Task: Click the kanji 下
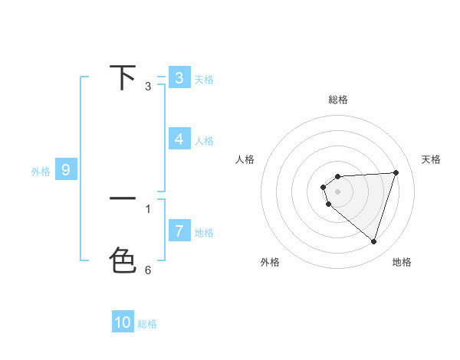[x=123, y=77]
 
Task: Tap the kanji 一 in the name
[x=123, y=199]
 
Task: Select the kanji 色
[x=123, y=260]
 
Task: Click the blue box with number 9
[x=66, y=170]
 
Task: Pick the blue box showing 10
[x=123, y=322]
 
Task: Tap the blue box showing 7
[x=179, y=231]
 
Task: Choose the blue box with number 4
[x=179, y=139]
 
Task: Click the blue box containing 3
[x=179, y=77]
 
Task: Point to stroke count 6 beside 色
[x=148, y=270]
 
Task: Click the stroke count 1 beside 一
[x=148, y=208]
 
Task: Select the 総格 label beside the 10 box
[x=147, y=324]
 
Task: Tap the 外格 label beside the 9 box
[x=41, y=172]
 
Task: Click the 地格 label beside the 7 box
[x=204, y=232]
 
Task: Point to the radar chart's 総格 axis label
[x=338, y=100]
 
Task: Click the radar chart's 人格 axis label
[x=245, y=159]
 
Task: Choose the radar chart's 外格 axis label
[x=270, y=262]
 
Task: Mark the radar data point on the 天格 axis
[x=396, y=172]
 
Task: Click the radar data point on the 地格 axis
[x=373, y=241]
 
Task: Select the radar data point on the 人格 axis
[x=324, y=187]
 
